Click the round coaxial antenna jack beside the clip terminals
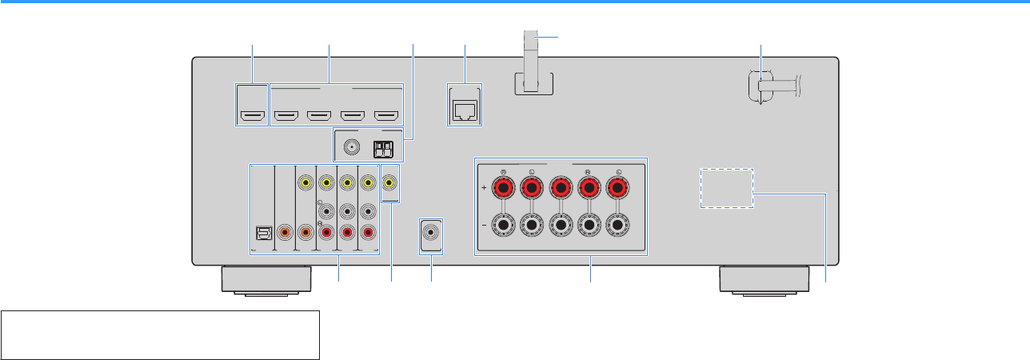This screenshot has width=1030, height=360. (351, 148)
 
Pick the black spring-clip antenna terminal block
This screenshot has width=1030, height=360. (381, 148)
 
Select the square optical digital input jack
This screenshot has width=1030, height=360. (261, 233)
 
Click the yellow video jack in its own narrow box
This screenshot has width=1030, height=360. (389, 183)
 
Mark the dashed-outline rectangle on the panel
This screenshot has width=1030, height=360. (728, 188)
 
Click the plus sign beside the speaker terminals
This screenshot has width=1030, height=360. (485, 190)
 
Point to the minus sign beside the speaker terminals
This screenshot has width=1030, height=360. (485, 226)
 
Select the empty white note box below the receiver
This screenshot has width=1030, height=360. (161, 334)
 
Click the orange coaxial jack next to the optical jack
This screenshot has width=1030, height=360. (284, 233)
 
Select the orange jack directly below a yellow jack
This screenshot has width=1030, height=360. (305, 233)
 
